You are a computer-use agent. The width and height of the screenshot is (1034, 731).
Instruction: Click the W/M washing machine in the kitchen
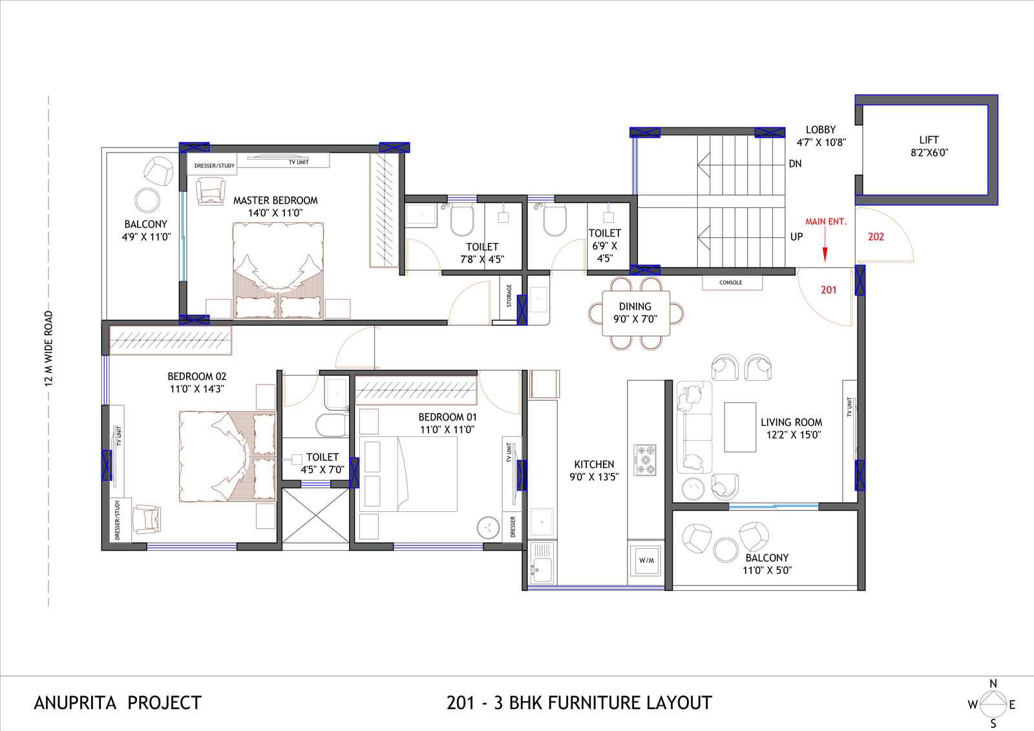point(646,560)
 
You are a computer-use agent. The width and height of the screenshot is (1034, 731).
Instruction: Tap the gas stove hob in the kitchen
point(645,460)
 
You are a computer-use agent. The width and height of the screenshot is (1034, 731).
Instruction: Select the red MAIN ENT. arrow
point(825,244)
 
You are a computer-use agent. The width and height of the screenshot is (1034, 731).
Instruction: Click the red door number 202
point(876,237)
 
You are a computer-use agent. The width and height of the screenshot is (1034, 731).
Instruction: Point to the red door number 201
point(828,290)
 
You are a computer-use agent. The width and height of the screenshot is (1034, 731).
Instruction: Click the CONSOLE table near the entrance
point(732,282)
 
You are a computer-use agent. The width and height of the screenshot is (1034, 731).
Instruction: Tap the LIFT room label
point(929,140)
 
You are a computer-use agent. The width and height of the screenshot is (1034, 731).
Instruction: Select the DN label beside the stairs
point(795,164)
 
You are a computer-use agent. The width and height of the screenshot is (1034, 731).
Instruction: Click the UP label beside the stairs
point(796,237)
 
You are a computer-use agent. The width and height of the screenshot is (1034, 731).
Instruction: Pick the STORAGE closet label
point(509,296)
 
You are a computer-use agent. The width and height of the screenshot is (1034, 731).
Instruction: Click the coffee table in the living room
point(740,427)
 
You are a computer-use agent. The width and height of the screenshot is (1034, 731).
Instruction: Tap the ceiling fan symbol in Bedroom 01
point(488,527)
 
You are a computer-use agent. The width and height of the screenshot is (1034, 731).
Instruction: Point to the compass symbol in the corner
point(993,705)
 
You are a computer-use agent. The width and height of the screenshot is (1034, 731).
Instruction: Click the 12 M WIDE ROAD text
point(49,348)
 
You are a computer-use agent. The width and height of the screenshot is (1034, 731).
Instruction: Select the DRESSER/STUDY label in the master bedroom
point(214,165)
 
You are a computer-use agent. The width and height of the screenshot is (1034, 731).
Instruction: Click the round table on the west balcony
point(147,200)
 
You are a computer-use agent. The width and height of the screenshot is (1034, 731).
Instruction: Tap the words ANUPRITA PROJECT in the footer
point(118,703)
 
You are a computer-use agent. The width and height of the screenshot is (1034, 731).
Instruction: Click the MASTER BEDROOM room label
point(275,200)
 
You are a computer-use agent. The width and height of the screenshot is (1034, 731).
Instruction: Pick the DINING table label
point(635,306)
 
